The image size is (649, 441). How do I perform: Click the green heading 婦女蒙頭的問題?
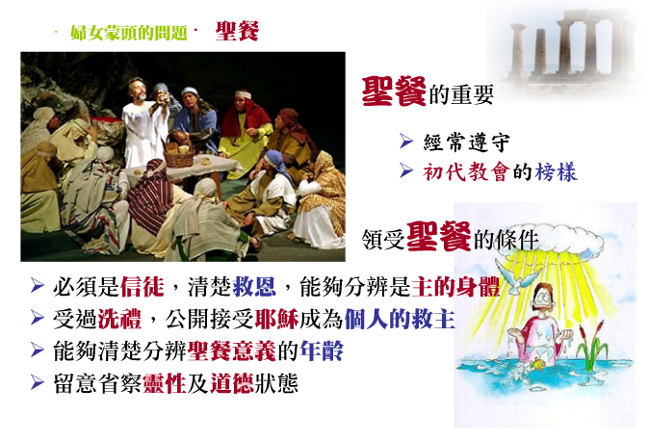[x=129, y=33]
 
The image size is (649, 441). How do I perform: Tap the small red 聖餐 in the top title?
[x=237, y=31]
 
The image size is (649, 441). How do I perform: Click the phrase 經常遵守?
[x=466, y=143]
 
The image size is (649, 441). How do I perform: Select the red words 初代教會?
[x=465, y=171]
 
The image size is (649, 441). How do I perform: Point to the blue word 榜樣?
[x=556, y=171]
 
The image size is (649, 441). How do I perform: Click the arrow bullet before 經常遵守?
[x=406, y=142]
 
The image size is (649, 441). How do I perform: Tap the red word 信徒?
[x=142, y=287]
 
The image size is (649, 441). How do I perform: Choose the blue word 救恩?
[x=254, y=287]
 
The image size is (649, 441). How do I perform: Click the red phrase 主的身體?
[x=455, y=287]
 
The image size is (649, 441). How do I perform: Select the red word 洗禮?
[x=119, y=320]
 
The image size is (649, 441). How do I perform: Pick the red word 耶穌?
[x=277, y=320]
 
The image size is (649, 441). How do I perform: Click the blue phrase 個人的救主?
[x=400, y=320]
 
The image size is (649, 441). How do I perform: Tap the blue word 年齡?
[x=322, y=351]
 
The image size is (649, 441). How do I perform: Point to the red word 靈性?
[x=165, y=383]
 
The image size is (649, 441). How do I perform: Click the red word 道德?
[x=232, y=383]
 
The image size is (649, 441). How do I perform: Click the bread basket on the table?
[x=178, y=151]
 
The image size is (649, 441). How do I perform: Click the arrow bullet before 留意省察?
[x=38, y=382]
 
